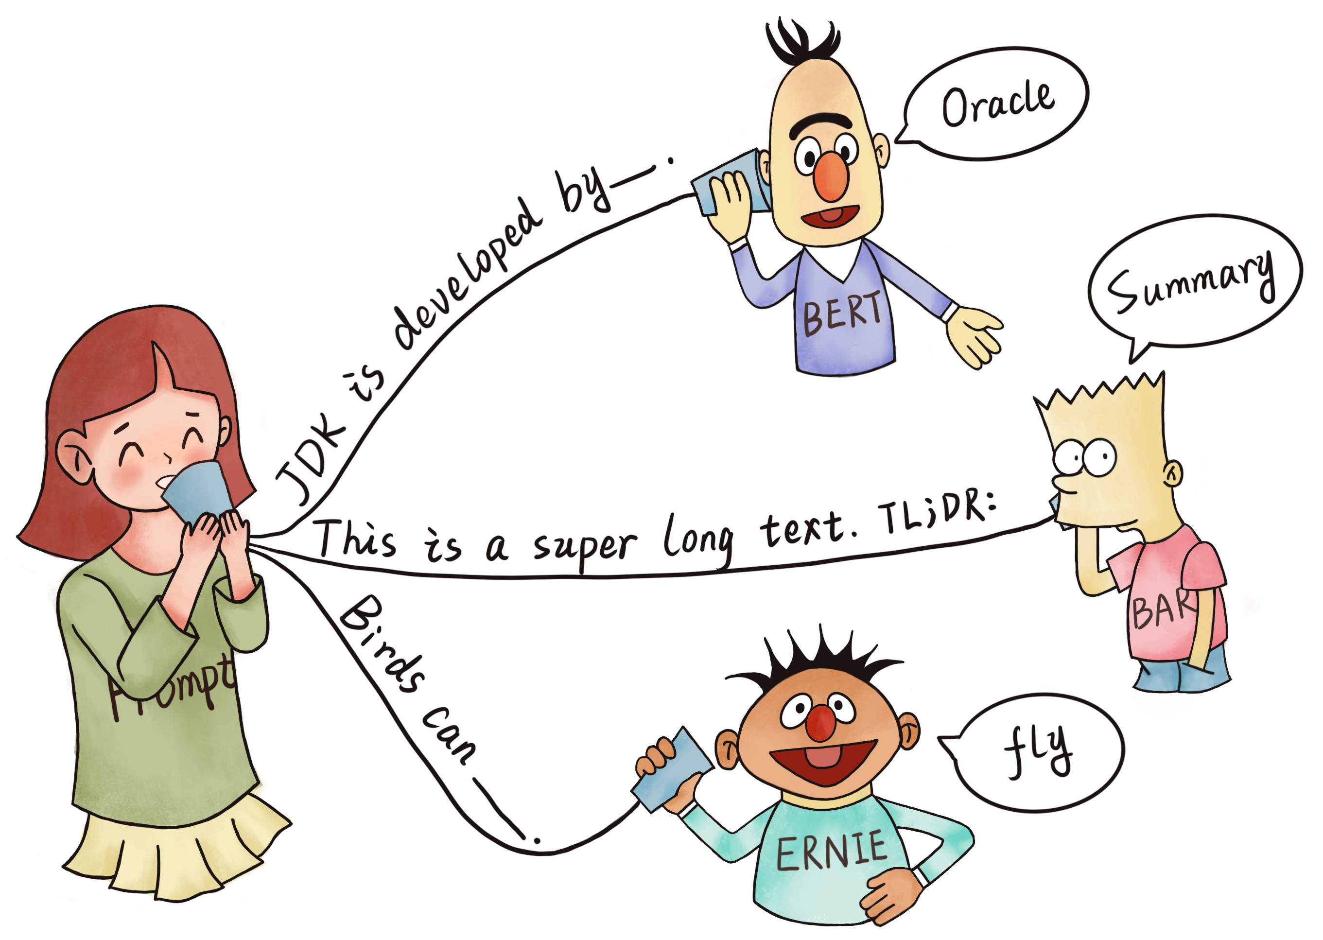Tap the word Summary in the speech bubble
1190,282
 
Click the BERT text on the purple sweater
843,314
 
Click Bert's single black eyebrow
822,122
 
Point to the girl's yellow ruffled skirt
174,851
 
